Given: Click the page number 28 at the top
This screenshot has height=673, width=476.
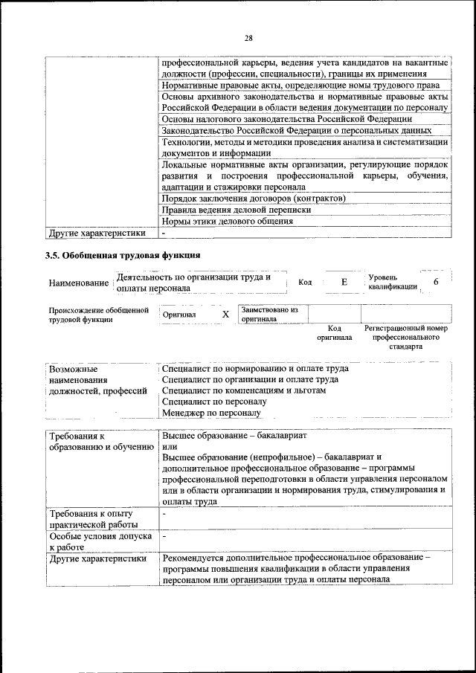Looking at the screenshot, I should point(248,38).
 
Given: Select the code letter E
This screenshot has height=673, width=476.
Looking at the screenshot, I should point(344,283).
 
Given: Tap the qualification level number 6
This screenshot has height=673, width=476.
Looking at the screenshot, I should point(436,283).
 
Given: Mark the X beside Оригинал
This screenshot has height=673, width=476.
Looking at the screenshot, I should point(225,314).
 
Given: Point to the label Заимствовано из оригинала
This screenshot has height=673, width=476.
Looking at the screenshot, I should point(268,314).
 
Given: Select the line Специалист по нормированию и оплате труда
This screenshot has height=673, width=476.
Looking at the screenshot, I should point(254,368).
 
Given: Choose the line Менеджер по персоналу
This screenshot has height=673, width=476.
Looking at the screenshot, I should point(211,412).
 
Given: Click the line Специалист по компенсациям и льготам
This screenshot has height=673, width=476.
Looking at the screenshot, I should point(243,390).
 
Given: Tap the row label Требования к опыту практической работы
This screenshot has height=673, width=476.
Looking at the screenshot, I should point(90,519).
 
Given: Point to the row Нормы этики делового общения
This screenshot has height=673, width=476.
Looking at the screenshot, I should point(228,221).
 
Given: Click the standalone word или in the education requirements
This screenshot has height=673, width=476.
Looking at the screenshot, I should point(169,446).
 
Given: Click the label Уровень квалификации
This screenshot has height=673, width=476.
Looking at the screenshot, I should point(392,283).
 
